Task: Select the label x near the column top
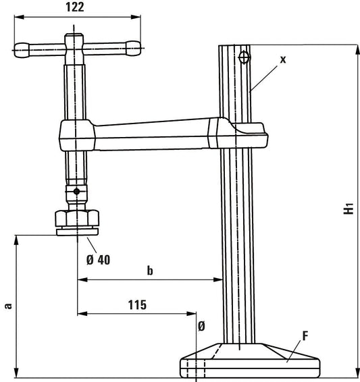[x=283, y=59]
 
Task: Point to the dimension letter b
[x=150, y=271]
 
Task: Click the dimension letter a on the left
[x=8, y=305]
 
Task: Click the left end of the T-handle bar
[x=18, y=48]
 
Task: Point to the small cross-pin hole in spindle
[x=78, y=192]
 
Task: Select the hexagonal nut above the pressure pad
[x=77, y=217]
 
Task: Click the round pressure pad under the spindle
[x=77, y=231]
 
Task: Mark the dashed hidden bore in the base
[x=196, y=369]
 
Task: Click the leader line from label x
[x=264, y=74]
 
